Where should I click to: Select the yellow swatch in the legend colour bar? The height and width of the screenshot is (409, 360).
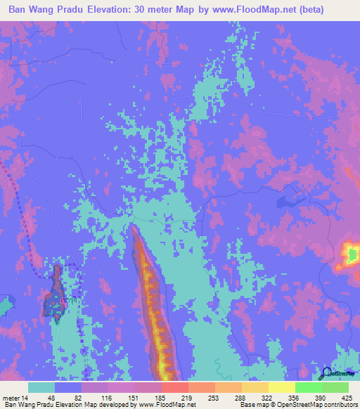coord(282,387)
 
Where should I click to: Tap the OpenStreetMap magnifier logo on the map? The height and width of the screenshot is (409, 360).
coord(327,373)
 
